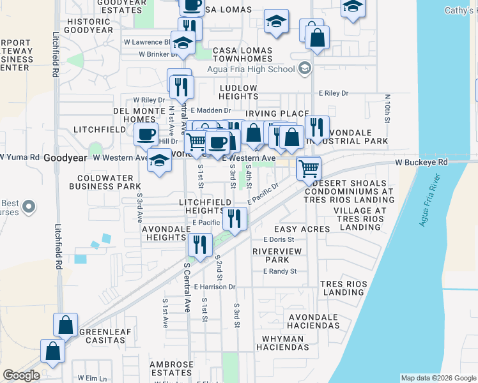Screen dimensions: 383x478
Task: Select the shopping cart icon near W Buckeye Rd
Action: point(308,168)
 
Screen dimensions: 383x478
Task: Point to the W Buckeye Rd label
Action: point(422,162)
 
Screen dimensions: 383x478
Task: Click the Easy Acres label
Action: point(302,229)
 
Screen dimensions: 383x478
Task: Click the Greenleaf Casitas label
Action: point(102,336)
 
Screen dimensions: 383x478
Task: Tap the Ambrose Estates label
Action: point(171,368)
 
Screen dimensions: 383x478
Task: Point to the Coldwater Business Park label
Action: point(109,182)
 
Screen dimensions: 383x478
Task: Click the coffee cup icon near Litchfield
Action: point(146,135)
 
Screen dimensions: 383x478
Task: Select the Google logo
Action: point(21,375)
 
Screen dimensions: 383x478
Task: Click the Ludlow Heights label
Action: point(238,92)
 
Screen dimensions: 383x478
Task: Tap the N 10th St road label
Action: point(387,109)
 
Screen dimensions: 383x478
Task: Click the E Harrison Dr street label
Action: point(215,287)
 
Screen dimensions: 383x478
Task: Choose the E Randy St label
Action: point(280,271)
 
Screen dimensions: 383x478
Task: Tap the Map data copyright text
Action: point(437,378)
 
